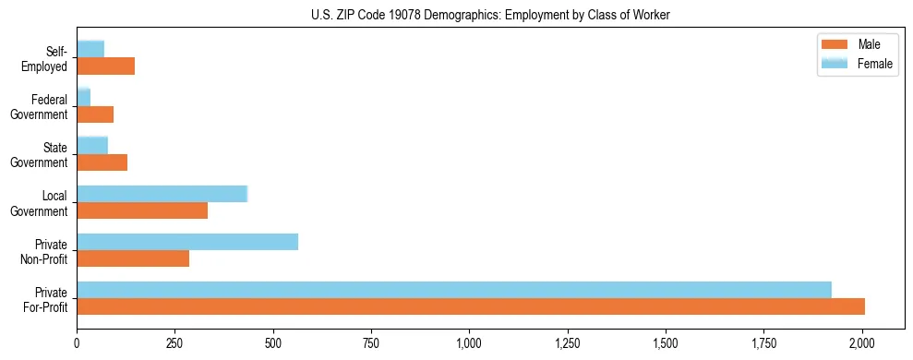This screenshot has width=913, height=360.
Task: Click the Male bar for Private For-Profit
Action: click(471, 306)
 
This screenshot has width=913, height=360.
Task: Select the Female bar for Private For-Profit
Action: click(454, 290)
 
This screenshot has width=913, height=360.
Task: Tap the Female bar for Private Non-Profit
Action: click(187, 242)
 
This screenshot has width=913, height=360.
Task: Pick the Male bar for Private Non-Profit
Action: click(133, 258)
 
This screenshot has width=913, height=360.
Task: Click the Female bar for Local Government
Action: click(162, 194)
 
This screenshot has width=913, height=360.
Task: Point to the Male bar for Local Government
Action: click(142, 210)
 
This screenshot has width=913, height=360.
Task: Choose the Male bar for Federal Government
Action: click(95, 114)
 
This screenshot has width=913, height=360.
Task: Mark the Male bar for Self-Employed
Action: click(106, 66)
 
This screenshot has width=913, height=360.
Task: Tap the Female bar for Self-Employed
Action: click(90, 49)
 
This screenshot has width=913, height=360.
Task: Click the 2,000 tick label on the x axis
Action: click(862, 343)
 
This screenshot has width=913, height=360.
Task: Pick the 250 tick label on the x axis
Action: click(174, 343)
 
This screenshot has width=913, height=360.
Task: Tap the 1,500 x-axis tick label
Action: click(666, 343)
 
